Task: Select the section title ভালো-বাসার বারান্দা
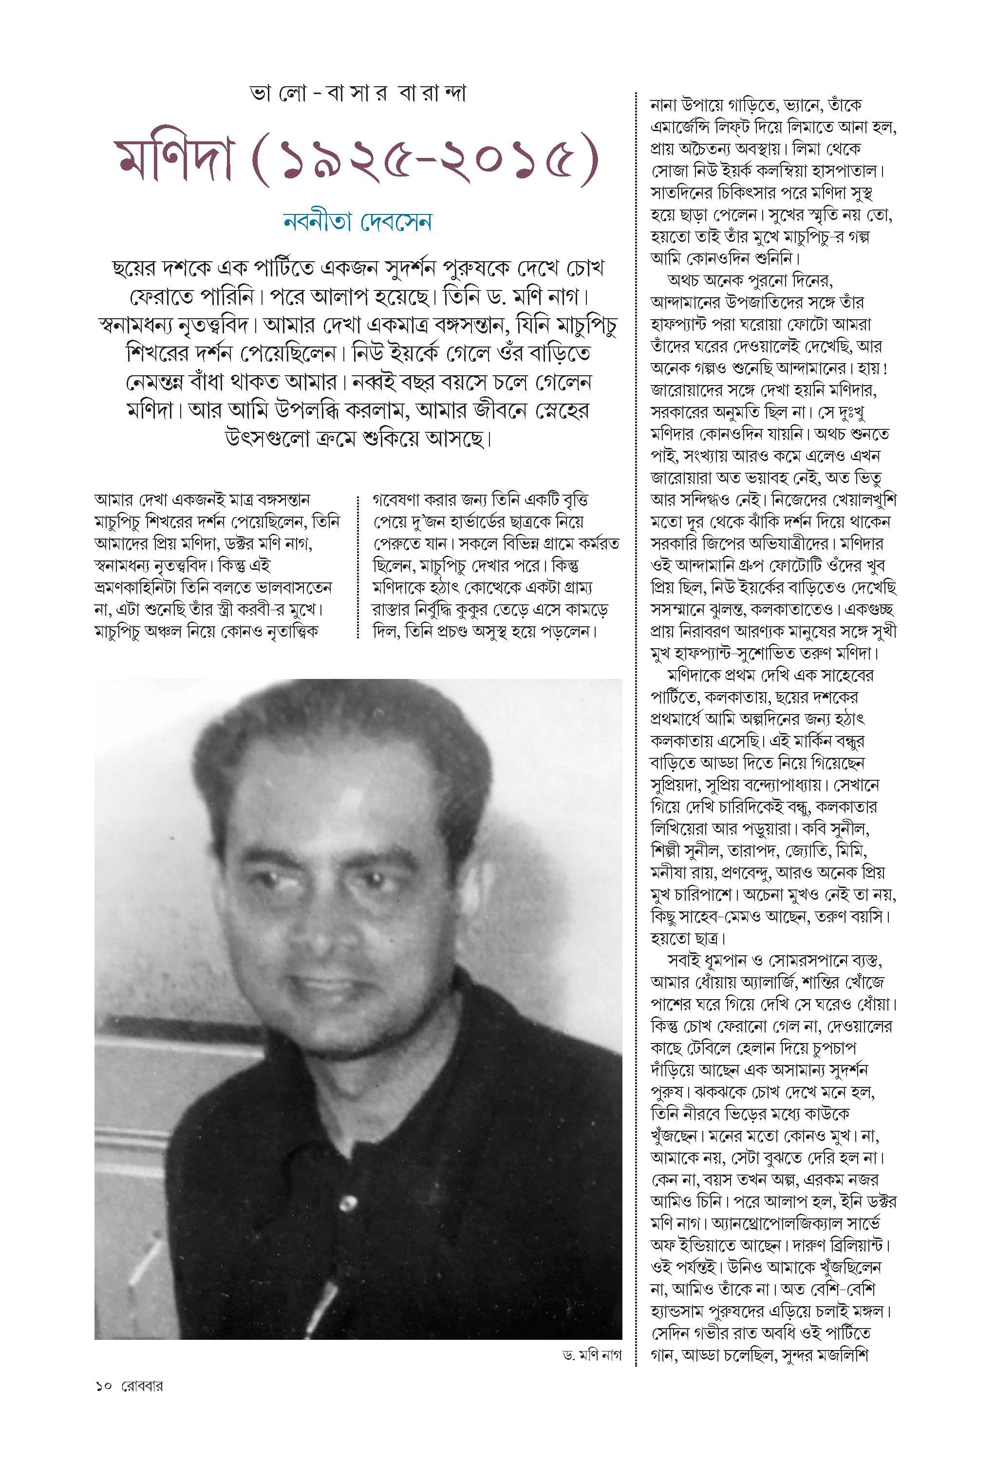coord(357,95)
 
